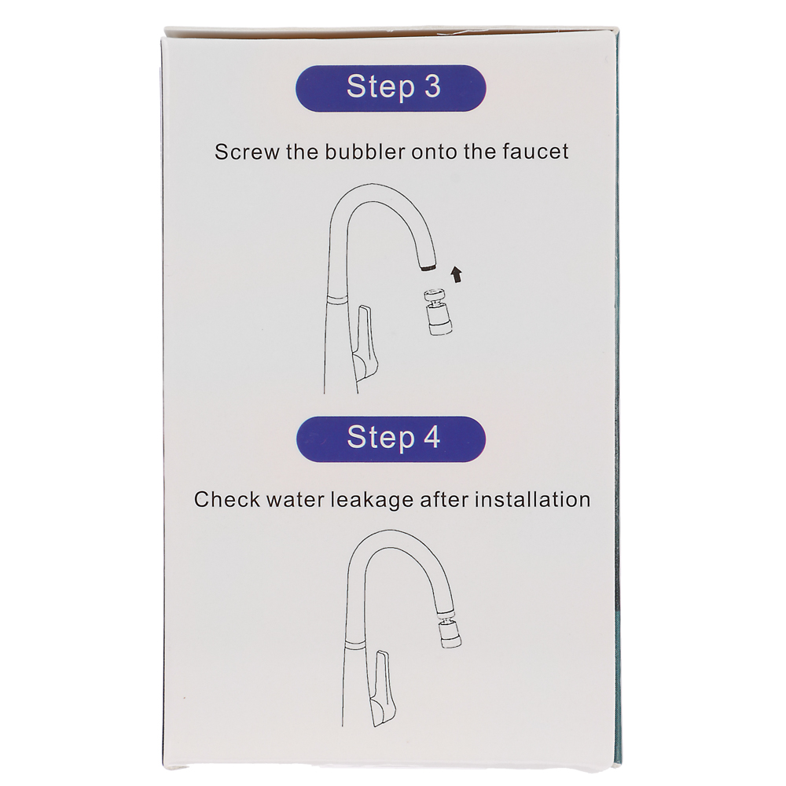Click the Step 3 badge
[391, 88]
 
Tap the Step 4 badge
[391, 439]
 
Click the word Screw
[247, 152]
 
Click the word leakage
[372, 501]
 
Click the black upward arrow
[456, 274]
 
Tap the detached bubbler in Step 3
[439, 312]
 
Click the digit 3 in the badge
[432, 86]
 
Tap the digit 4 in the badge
[432, 437]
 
